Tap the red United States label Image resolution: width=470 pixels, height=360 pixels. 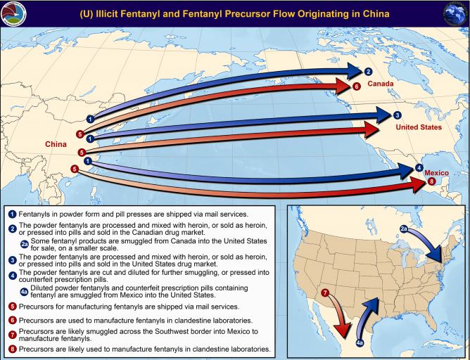point(418,128)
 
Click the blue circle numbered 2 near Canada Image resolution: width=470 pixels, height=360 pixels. point(367,71)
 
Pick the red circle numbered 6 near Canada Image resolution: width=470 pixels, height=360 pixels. point(356,86)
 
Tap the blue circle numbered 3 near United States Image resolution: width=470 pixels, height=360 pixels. point(398,115)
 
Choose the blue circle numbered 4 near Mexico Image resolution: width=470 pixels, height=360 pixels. point(419,168)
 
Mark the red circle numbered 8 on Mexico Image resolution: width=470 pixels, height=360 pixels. point(432,181)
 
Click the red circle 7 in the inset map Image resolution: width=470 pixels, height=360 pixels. point(324,292)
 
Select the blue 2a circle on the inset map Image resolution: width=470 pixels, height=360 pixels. point(404,229)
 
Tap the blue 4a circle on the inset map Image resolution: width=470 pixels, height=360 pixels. point(359,342)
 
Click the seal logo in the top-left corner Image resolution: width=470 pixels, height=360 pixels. point(13,12)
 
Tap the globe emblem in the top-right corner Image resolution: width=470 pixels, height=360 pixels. point(457,13)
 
